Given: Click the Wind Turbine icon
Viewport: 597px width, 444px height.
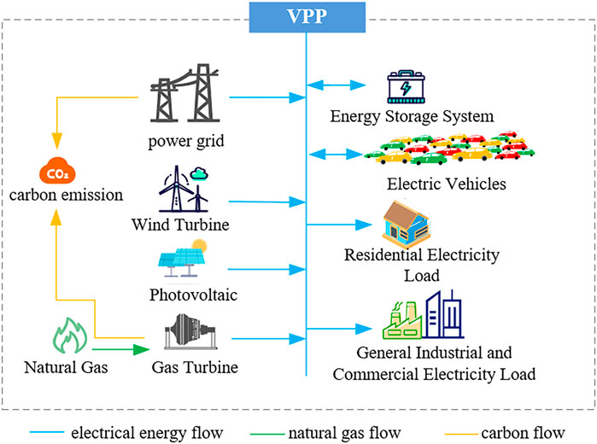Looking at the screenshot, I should click(x=184, y=190).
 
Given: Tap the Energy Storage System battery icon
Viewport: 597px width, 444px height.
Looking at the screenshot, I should click(x=410, y=87).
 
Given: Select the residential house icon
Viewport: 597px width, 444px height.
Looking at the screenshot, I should click(x=409, y=224).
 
